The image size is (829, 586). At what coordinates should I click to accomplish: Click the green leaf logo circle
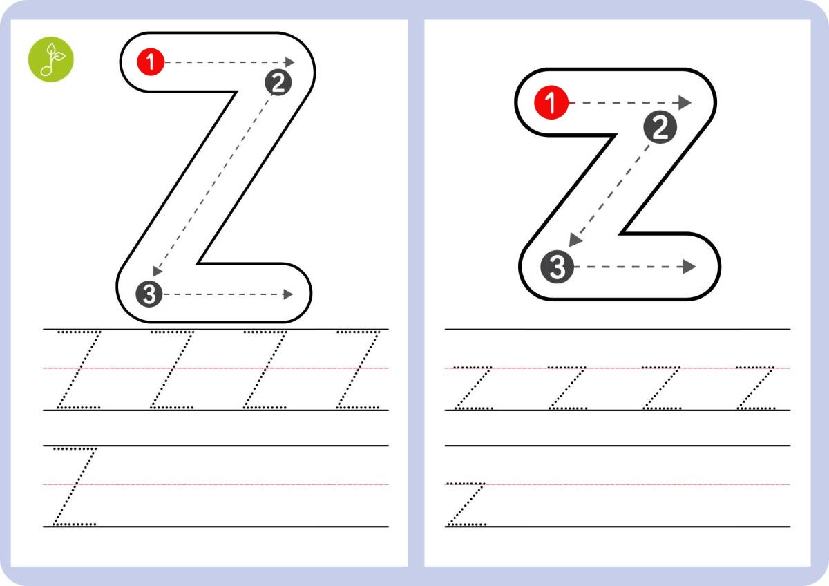(x=51, y=59)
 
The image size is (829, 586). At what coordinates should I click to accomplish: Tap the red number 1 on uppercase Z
(x=151, y=62)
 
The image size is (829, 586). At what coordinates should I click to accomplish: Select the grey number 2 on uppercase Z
(x=278, y=82)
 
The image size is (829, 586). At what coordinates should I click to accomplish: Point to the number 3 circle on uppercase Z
(x=149, y=294)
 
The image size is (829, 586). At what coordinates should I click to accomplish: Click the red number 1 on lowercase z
(x=551, y=102)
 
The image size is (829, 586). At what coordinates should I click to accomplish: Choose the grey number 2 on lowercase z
(x=660, y=127)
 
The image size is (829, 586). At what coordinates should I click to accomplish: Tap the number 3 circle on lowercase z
(x=557, y=267)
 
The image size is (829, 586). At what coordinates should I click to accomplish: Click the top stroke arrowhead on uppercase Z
(x=289, y=62)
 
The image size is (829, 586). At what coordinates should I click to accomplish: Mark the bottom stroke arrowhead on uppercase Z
(x=288, y=294)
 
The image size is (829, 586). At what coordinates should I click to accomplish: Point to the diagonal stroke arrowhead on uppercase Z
(x=158, y=271)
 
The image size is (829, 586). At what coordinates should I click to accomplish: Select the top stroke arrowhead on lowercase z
(x=685, y=102)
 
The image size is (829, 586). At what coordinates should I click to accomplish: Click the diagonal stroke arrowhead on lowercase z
(x=575, y=240)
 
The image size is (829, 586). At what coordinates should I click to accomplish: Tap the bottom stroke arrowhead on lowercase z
(x=689, y=267)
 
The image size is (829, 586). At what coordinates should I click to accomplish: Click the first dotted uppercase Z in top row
(x=79, y=370)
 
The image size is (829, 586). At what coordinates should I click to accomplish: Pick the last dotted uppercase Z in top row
(x=358, y=370)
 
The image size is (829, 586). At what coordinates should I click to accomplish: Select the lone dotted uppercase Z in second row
(x=75, y=486)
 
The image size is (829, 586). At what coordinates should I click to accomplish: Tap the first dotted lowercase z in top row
(x=473, y=388)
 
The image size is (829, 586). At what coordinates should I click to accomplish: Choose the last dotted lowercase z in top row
(x=755, y=388)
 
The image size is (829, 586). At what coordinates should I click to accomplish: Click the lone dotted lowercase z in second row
(x=466, y=504)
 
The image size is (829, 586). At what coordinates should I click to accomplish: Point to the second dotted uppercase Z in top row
(x=172, y=370)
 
